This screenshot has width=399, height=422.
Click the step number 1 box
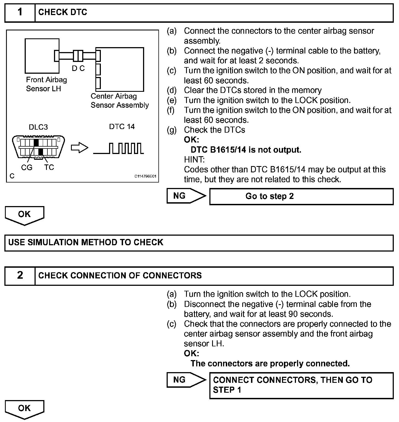coord(20,12)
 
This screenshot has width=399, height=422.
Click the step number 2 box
coord(20,275)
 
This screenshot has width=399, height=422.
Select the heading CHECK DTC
coord(63,12)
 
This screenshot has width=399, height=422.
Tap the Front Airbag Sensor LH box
coord(42,56)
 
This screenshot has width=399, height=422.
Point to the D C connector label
coord(78,69)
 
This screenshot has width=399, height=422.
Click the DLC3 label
coord(38,127)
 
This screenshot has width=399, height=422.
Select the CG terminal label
coord(27,167)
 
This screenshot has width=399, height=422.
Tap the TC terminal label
coord(49,167)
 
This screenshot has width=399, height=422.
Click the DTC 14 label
coord(122,127)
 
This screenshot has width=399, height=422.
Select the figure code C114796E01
coord(145,176)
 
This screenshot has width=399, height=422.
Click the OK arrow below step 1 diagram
coord(24,215)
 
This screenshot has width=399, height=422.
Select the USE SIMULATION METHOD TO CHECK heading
coord(86,243)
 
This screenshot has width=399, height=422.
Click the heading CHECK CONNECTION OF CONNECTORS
coord(120,275)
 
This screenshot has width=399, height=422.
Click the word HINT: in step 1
coord(194,159)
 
